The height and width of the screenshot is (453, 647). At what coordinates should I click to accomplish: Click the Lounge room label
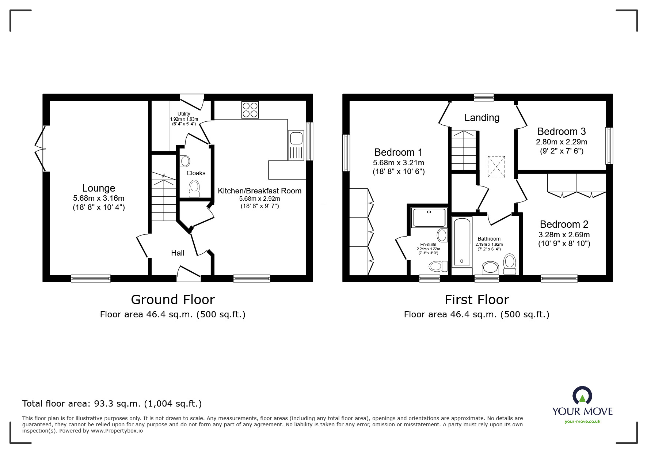click(x=99, y=188)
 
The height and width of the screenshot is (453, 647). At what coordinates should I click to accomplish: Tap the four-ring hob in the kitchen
click(x=250, y=110)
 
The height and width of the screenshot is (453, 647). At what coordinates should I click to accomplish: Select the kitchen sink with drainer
click(x=296, y=146)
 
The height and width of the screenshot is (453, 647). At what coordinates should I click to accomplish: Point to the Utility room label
click(x=184, y=114)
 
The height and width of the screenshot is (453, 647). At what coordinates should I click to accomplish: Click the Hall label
click(x=178, y=253)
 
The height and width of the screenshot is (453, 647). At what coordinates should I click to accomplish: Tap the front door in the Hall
click(x=189, y=273)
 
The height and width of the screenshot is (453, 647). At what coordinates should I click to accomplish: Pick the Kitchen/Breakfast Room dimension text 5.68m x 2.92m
click(x=259, y=199)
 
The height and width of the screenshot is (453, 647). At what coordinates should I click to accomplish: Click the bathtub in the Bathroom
click(x=462, y=241)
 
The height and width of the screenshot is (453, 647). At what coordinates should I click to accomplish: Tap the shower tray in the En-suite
click(x=429, y=218)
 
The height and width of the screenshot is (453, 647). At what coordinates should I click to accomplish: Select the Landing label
click(x=482, y=117)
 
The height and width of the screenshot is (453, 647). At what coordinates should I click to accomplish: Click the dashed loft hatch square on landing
click(x=496, y=167)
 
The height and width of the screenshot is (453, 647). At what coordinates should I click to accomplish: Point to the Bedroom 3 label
click(x=562, y=131)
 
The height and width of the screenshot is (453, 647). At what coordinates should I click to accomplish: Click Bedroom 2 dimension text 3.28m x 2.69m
click(x=564, y=234)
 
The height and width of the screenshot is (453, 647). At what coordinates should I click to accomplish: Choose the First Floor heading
click(x=476, y=300)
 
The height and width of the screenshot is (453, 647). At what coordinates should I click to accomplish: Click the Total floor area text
click(x=112, y=404)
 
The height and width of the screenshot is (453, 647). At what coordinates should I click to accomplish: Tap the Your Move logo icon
click(x=582, y=396)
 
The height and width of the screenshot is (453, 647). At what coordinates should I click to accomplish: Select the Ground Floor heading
click(x=173, y=300)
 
